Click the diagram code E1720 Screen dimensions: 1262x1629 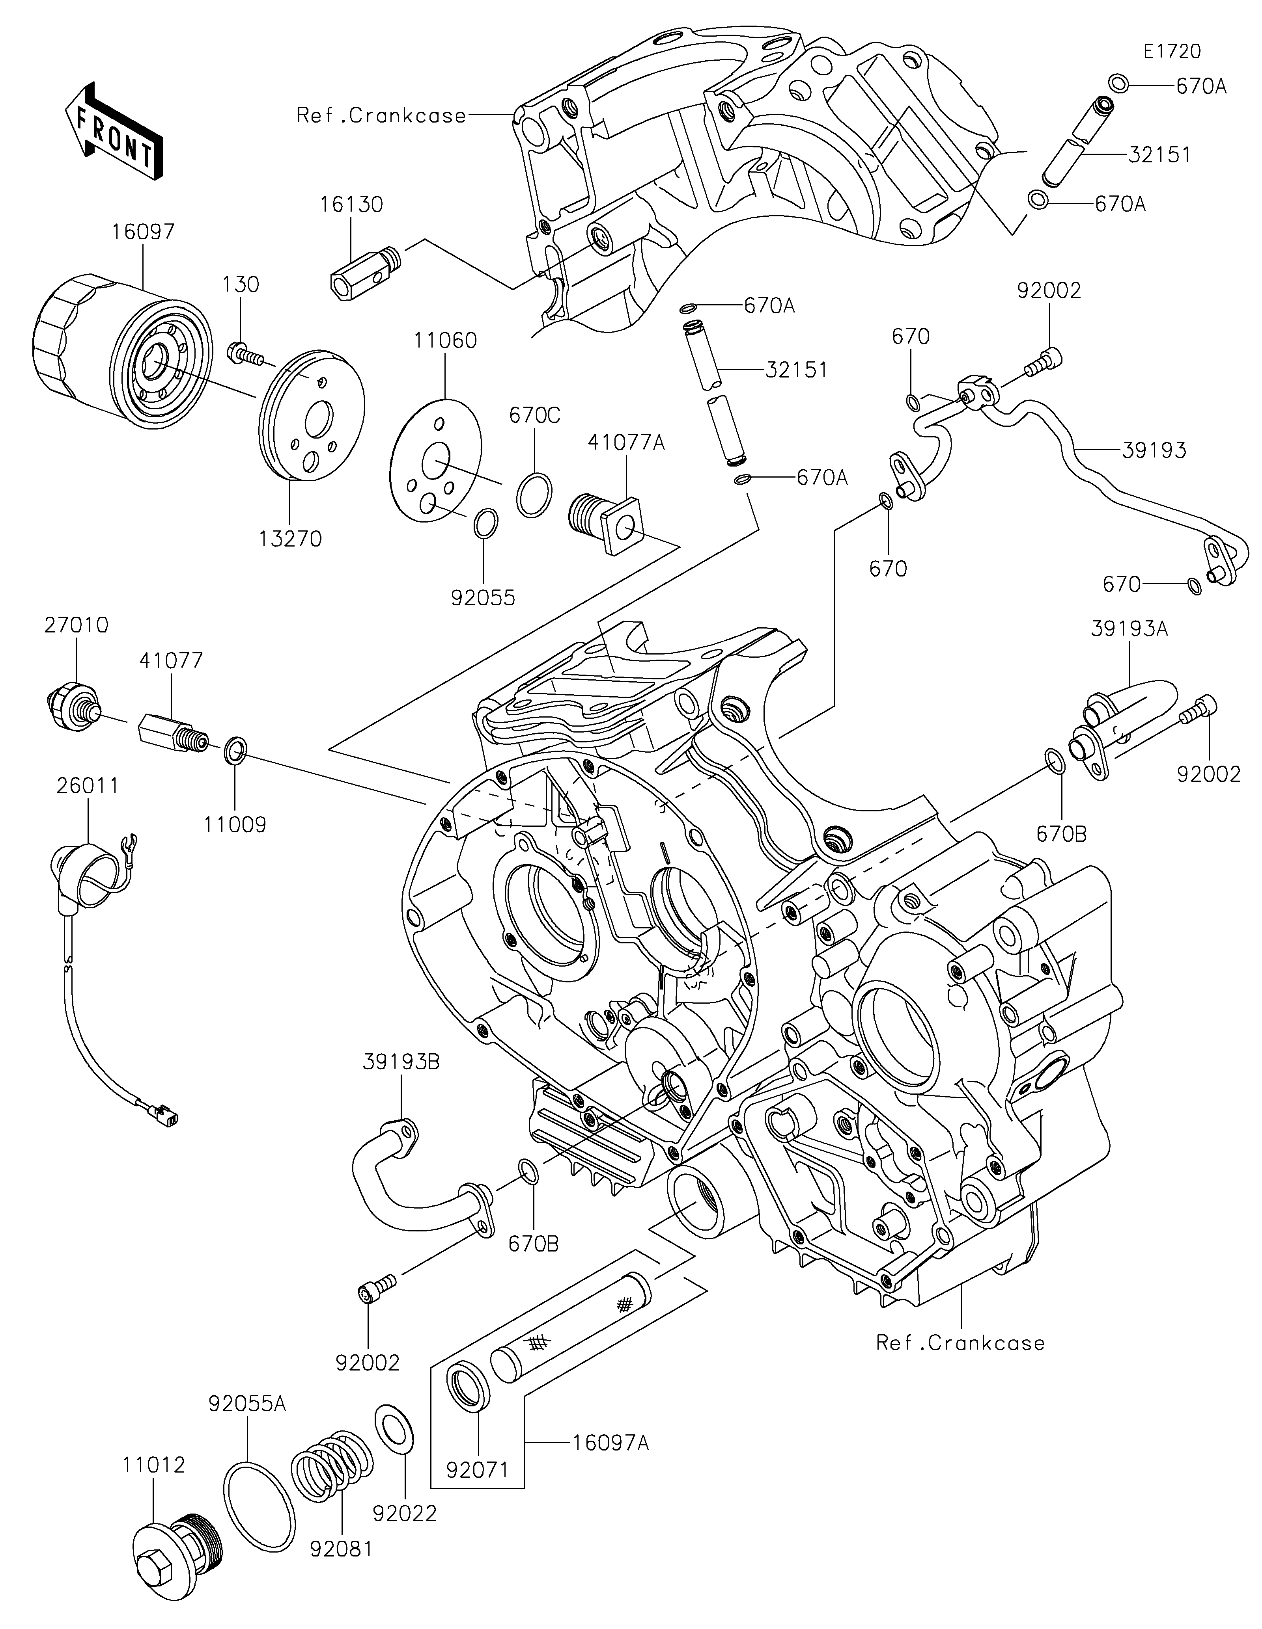pos(1172,52)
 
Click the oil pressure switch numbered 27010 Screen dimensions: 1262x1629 pos(73,706)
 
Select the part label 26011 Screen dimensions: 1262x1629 pos(88,785)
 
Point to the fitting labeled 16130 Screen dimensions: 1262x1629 pos(366,271)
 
